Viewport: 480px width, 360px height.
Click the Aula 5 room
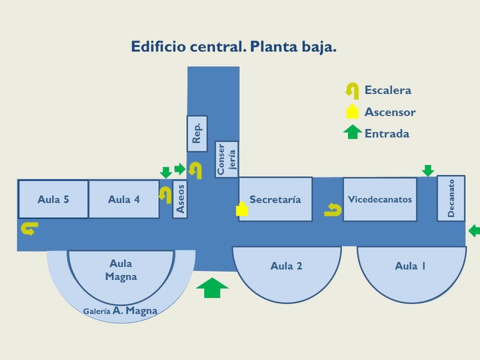click(x=53, y=199)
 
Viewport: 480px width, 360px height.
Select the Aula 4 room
click(x=124, y=199)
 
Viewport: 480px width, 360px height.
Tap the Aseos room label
click(x=181, y=199)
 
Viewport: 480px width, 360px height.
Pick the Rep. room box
click(x=197, y=134)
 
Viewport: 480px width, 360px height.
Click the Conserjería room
click(x=226, y=159)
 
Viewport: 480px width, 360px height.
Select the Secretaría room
click(x=275, y=199)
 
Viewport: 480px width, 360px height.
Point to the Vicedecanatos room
click(x=379, y=199)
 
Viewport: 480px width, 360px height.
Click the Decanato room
click(x=451, y=198)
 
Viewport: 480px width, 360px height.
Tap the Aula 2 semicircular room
click(x=286, y=266)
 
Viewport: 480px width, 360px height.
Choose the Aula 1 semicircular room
click(x=411, y=266)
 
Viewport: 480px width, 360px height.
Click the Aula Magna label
click(x=121, y=270)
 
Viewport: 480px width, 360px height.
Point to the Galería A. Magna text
click(x=121, y=311)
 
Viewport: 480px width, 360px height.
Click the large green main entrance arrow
click(x=212, y=288)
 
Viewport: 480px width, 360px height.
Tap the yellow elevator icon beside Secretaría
click(x=242, y=209)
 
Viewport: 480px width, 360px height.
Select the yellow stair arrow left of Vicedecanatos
click(x=332, y=211)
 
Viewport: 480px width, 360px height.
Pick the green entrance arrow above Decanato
click(x=427, y=170)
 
